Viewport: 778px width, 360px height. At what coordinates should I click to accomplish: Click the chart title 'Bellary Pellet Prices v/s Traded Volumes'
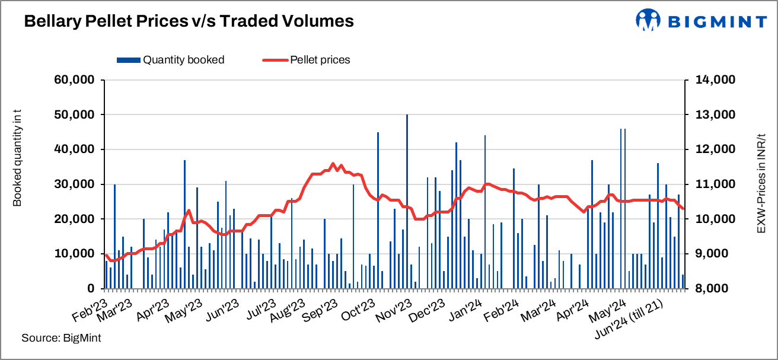(x=189, y=21)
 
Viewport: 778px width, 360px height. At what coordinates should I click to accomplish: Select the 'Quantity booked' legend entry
(x=171, y=59)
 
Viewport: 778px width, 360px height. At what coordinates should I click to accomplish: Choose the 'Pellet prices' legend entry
(x=306, y=59)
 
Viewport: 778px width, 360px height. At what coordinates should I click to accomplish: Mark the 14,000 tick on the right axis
(x=713, y=80)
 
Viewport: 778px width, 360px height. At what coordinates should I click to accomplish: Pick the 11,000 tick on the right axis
(x=713, y=184)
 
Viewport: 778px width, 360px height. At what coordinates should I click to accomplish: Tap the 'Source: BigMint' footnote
(x=61, y=338)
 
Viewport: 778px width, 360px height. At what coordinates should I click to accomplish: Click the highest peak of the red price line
(x=333, y=164)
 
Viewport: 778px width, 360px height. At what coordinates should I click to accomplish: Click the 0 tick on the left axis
(x=90, y=289)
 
